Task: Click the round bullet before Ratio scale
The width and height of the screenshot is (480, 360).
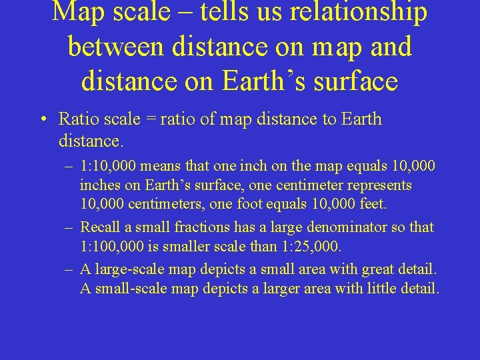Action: tap(42, 120)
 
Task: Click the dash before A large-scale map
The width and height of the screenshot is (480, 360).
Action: tap(69, 270)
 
